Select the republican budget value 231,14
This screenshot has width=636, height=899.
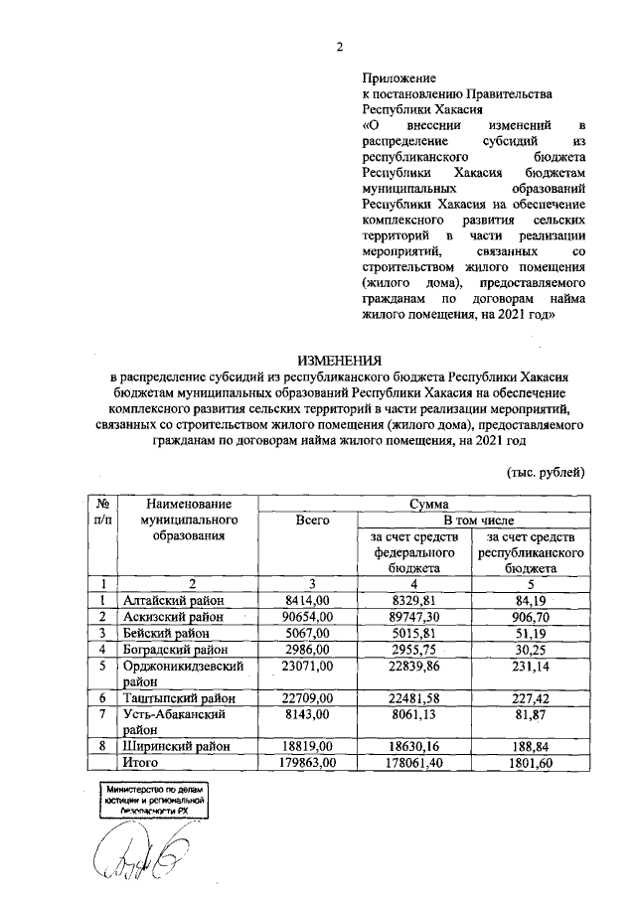pos(530,666)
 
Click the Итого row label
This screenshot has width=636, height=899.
pos(141,763)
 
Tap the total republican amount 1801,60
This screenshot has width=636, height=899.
pos(530,763)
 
